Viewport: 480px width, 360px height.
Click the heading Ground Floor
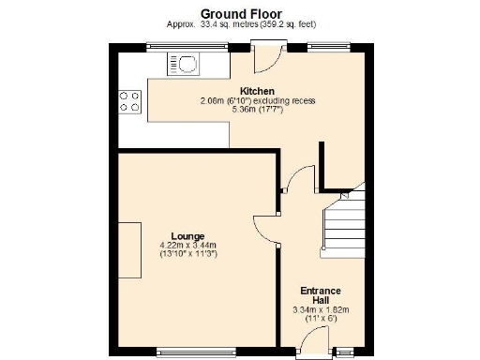[x=239, y=12]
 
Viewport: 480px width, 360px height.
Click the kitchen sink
[x=184, y=64]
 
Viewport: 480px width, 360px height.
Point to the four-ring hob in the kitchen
[x=129, y=100]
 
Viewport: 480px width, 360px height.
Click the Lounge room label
[x=187, y=235]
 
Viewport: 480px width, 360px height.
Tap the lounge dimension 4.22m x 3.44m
[x=187, y=245]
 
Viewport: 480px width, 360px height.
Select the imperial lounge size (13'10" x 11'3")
[x=187, y=254]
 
